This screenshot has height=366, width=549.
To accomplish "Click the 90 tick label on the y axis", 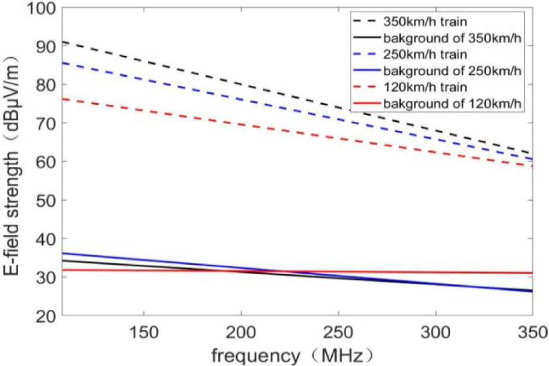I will click(46, 46).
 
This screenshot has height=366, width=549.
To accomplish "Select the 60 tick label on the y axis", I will click(46, 162).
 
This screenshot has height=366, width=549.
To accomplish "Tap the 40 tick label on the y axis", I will click(46, 239).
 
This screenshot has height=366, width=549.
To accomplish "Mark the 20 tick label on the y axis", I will click(46, 316).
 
